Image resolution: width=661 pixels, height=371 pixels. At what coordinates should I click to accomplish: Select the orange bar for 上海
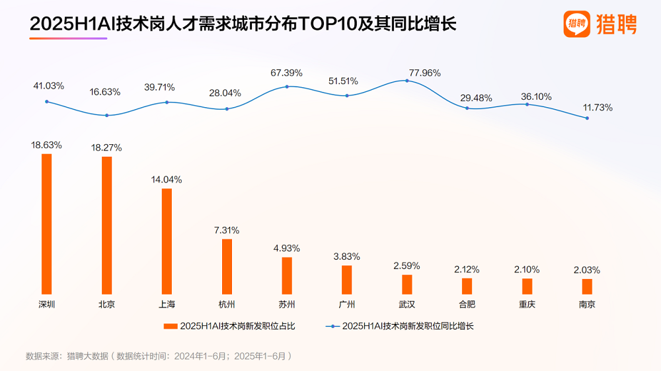tap(167, 241)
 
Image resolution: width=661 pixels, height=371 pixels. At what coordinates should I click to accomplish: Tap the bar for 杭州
tap(227, 266)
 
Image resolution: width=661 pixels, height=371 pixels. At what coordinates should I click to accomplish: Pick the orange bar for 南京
tap(587, 286)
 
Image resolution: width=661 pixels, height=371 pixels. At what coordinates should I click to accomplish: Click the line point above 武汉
tap(407, 81)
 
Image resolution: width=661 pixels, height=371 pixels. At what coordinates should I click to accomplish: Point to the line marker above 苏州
tap(287, 87)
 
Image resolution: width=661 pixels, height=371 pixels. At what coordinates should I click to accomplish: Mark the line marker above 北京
tap(106, 116)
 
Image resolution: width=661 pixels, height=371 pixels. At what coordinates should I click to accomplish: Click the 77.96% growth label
tap(424, 73)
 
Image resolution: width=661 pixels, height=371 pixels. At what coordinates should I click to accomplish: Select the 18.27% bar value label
tap(106, 147)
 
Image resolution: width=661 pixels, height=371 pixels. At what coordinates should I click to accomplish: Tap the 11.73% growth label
tap(597, 107)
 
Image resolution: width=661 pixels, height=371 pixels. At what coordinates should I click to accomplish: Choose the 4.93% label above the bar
tap(287, 248)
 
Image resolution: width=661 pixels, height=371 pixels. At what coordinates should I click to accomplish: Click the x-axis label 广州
tap(346, 304)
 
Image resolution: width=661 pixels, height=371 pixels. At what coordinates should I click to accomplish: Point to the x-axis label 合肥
tap(467, 304)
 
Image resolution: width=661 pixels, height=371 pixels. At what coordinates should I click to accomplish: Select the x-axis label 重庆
tap(527, 304)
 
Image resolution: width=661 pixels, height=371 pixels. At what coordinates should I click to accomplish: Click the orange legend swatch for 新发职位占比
tap(171, 326)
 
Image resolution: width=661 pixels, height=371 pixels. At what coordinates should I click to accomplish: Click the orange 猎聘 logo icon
tap(576, 24)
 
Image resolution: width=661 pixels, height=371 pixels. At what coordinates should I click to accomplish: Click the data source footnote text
tap(159, 356)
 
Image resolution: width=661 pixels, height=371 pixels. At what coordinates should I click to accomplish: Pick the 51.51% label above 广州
tap(343, 81)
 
